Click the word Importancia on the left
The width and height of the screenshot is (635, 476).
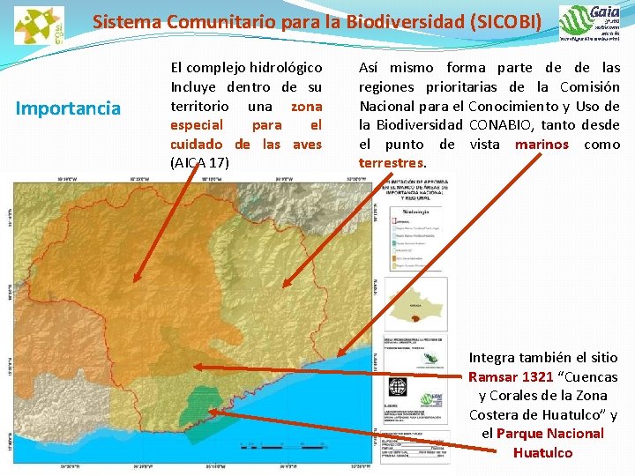click(x=69, y=108)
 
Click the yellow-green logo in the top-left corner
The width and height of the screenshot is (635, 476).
click(x=38, y=25)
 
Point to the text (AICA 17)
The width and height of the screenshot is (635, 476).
click(x=199, y=163)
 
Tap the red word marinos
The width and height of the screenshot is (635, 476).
click(x=542, y=145)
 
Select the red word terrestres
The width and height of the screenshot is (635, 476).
click(x=392, y=163)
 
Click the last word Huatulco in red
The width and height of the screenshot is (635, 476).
click(x=542, y=453)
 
